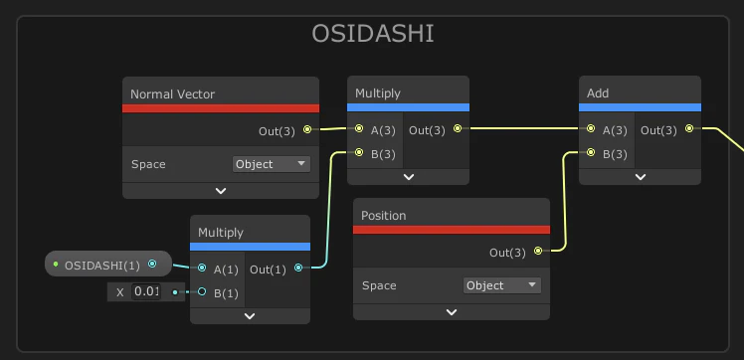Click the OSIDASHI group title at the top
(372, 34)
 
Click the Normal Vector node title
(172, 93)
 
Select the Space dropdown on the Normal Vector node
(272, 164)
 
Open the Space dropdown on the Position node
(502, 285)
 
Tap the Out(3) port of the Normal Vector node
(307, 129)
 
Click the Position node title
(383, 216)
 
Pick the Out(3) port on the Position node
(538, 251)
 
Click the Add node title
(598, 93)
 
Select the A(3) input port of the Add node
(591, 128)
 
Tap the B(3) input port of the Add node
(591, 152)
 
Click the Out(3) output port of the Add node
(689, 128)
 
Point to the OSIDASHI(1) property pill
(108, 264)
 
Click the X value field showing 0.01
(146, 291)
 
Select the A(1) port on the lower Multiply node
(202, 268)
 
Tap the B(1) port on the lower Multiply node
(202, 291)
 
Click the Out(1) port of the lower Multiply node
(298, 268)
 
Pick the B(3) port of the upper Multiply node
(359, 152)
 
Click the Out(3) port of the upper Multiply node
(458, 128)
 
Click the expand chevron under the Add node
(641, 177)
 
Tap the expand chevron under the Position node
(452, 312)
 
